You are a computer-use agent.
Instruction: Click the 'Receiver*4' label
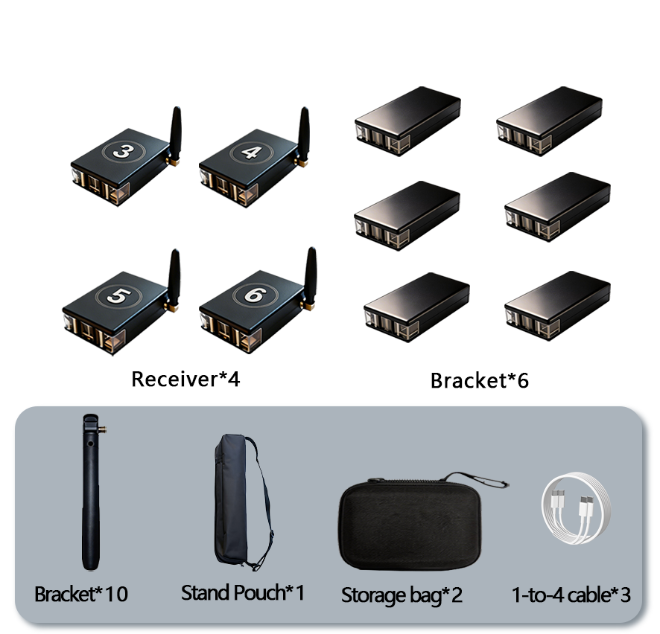click(x=185, y=379)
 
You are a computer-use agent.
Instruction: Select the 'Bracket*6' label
click(x=480, y=380)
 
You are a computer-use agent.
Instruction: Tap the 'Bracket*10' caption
click(x=81, y=594)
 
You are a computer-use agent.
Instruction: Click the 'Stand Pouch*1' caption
click(x=243, y=593)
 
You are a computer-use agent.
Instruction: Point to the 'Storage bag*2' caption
click(x=402, y=595)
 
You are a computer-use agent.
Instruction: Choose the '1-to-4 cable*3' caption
click(x=571, y=595)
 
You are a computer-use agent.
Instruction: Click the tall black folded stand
click(x=91, y=492)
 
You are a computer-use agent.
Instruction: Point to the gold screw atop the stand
click(x=102, y=429)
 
